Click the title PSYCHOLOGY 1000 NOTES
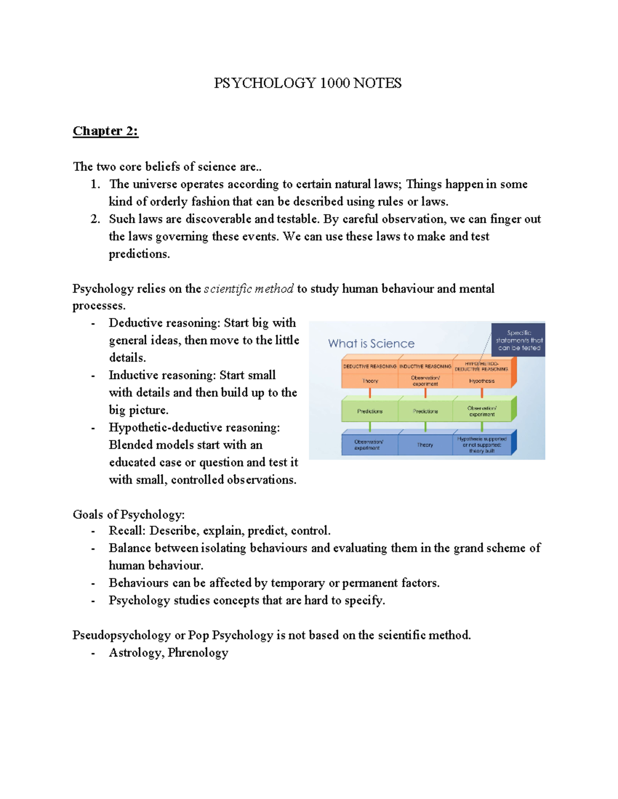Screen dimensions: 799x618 click(x=307, y=83)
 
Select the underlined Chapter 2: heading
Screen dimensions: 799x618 click(x=105, y=131)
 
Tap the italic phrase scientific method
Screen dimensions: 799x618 click(x=249, y=289)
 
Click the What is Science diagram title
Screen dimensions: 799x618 click(x=371, y=344)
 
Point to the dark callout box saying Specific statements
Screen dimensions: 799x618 click(x=519, y=340)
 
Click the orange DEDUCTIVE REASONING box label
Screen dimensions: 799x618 click(x=370, y=366)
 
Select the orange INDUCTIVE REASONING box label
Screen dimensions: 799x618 click(x=425, y=366)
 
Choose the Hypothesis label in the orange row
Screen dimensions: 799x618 click(x=482, y=381)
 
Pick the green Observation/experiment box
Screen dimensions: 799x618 click(x=482, y=411)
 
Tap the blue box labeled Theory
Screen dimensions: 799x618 click(x=425, y=445)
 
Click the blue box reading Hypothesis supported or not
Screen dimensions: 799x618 click(x=482, y=445)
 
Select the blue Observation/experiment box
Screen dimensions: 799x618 click(x=369, y=445)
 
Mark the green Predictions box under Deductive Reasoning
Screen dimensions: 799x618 click(x=370, y=411)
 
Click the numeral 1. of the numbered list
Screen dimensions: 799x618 click(x=95, y=184)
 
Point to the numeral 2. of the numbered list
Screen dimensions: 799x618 click(x=95, y=219)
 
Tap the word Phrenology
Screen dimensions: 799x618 click(x=198, y=653)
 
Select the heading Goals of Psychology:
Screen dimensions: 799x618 click(x=129, y=514)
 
